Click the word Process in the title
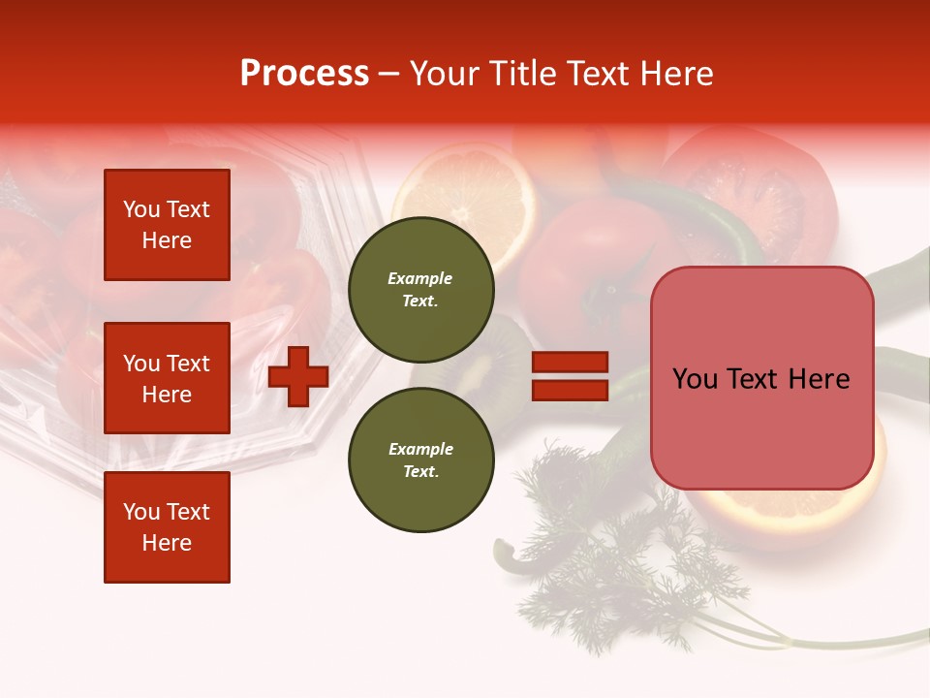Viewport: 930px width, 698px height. (x=304, y=74)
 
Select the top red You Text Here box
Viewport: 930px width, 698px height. (x=167, y=225)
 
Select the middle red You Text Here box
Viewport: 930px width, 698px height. (x=167, y=378)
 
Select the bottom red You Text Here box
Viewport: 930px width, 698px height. (x=167, y=526)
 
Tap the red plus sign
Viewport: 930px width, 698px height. (x=298, y=375)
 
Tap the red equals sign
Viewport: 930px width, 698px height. (x=570, y=376)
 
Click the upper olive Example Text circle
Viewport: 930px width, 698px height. (x=420, y=289)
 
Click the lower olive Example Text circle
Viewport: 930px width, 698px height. (x=420, y=460)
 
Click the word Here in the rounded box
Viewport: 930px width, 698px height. (x=821, y=379)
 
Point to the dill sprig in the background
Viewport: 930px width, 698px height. (x=620, y=553)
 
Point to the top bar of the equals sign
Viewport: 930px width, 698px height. (x=570, y=362)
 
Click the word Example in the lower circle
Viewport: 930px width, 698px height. (x=420, y=449)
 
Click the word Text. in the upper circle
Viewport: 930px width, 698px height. (x=420, y=301)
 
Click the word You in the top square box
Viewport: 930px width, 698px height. (x=141, y=209)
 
